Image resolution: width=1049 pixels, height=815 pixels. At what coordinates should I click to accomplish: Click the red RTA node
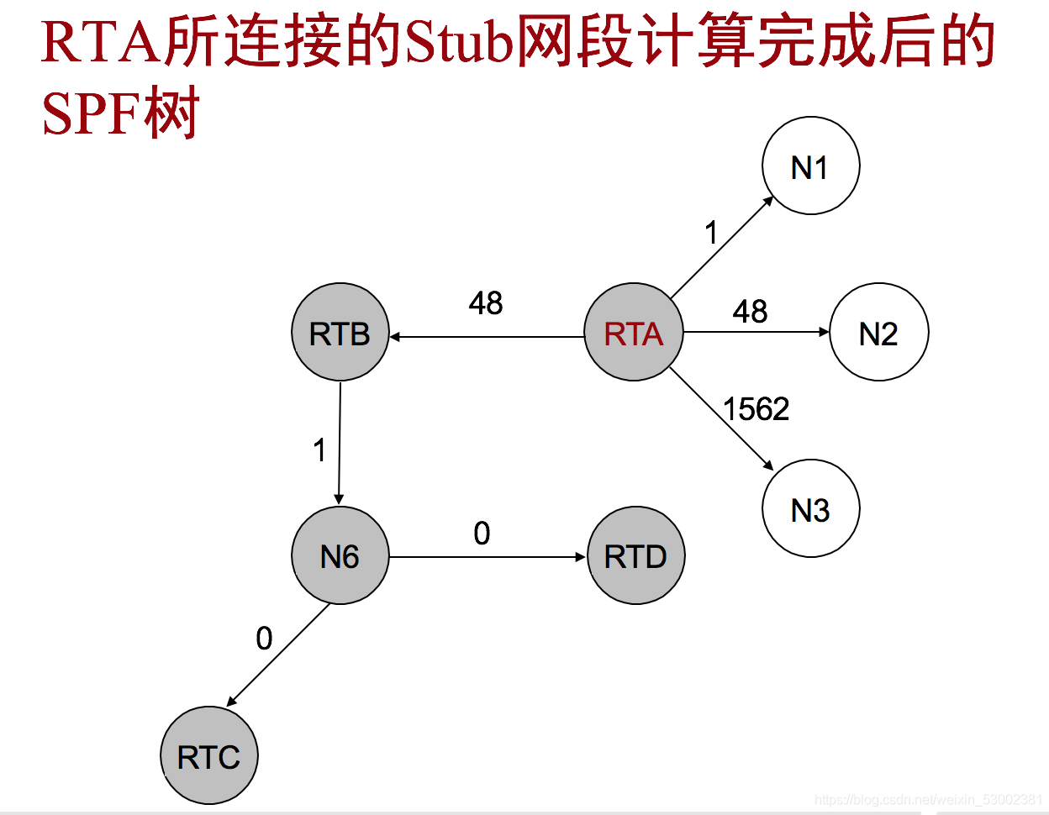tap(634, 333)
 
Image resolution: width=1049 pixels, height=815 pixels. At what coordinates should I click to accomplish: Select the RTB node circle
tap(340, 333)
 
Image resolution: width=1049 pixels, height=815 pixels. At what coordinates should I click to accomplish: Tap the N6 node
tap(340, 555)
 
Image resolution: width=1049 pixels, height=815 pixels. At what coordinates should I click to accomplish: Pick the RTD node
tap(636, 555)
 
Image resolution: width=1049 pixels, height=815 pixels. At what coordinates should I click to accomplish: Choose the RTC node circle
tap(209, 756)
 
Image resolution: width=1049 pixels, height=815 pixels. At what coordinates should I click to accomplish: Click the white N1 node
tap(810, 166)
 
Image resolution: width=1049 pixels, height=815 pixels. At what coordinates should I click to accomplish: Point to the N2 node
tap(878, 333)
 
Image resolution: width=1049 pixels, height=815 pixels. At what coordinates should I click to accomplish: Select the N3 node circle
tap(810, 508)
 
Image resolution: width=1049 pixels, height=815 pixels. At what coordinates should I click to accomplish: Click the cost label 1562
tap(756, 409)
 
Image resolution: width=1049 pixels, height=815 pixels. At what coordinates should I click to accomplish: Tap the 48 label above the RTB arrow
tap(486, 303)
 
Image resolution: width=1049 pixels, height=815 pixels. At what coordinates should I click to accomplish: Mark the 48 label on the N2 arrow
tap(750, 312)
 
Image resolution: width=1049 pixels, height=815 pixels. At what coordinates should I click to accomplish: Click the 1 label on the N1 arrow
tap(712, 233)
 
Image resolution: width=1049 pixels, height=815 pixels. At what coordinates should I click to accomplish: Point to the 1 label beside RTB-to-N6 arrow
tap(319, 451)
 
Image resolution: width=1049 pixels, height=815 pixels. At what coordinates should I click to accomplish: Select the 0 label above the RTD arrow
tap(482, 534)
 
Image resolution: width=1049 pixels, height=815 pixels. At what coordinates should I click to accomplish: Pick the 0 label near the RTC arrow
tap(264, 639)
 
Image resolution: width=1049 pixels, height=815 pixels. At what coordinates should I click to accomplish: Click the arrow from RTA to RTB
tap(488, 337)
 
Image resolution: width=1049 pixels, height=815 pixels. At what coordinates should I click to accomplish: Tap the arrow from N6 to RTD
tap(488, 557)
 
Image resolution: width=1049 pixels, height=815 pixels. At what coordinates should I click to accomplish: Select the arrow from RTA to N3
tap(721, 418)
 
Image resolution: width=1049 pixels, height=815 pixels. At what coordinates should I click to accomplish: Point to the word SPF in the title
tap(91, 113)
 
